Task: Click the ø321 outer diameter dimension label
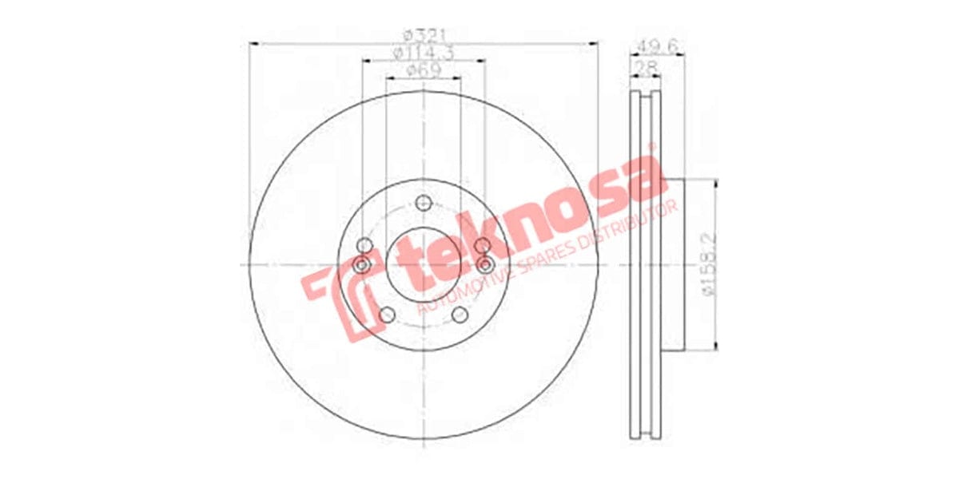click(x=423, y=35)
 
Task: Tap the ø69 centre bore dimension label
click(x=423, y=70)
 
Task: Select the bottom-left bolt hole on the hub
click(x=387, y=315)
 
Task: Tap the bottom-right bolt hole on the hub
click(x=459, y=315)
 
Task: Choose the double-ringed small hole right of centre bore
click(x=484, y=265)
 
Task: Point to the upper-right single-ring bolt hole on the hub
click(x=482, y=246)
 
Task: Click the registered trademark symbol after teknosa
click(x=651, y=147)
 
